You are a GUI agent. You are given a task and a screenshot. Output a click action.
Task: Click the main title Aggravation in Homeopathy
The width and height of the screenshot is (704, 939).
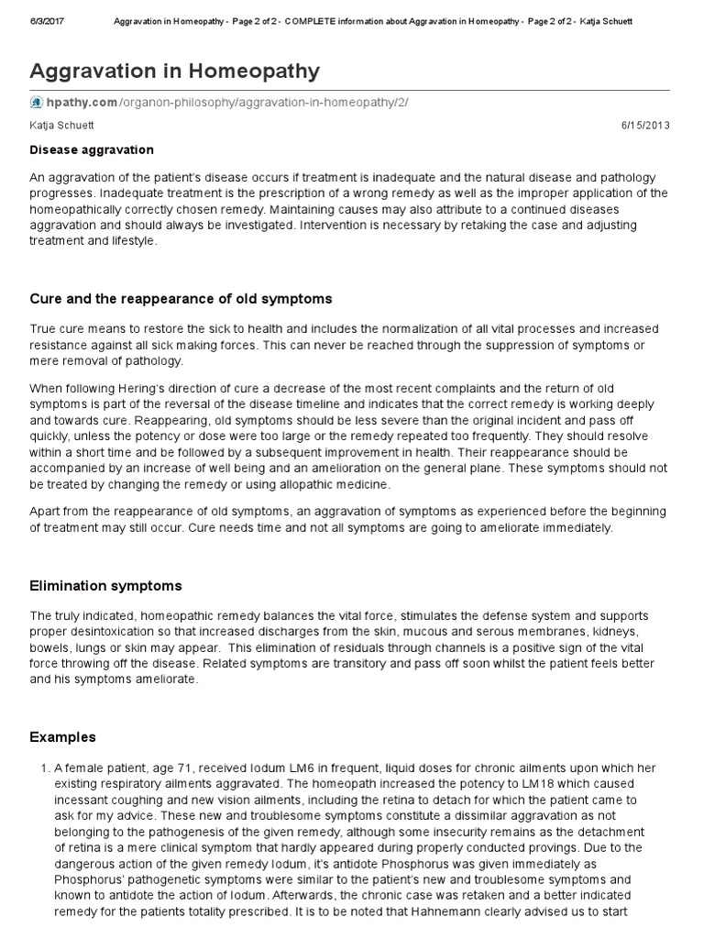(175, 71)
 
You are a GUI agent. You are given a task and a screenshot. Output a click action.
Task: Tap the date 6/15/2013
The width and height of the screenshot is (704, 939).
(647, 126)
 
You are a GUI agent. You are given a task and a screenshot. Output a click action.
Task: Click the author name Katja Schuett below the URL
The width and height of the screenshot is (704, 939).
(61, 126)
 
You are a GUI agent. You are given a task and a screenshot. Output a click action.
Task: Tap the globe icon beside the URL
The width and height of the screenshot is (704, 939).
(37, 102)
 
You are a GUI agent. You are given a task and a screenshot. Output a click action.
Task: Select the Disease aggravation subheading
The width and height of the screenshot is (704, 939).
(92, 149)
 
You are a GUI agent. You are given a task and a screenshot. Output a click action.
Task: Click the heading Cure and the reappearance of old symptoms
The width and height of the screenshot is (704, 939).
(181, 299)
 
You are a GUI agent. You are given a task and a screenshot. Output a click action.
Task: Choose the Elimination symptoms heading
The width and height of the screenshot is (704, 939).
(105, 585)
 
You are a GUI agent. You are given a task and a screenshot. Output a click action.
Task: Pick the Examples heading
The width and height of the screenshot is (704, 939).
(62, 737)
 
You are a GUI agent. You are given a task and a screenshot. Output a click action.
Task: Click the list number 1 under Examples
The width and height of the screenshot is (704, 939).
(35, 768)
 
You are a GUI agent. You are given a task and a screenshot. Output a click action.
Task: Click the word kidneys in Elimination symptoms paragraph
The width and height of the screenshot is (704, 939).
(592, 634)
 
